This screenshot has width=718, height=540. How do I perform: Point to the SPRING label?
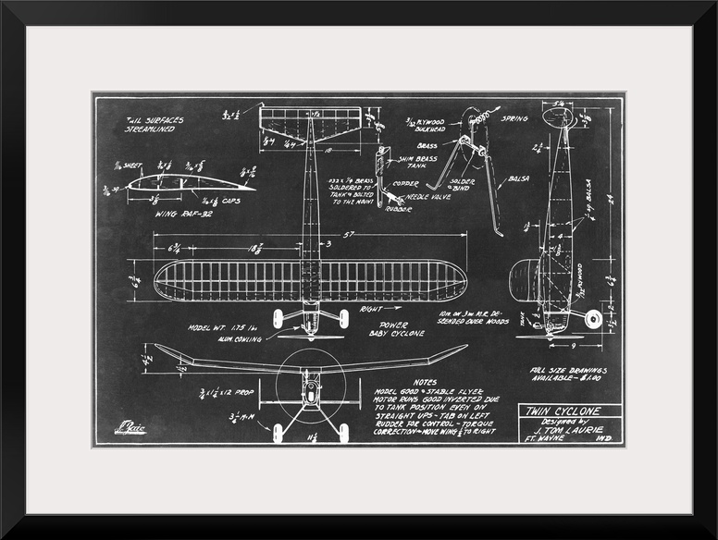pyautogui.click(x=514, y=119)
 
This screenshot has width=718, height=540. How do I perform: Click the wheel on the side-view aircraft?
pyautogui.click(x=592, y=320)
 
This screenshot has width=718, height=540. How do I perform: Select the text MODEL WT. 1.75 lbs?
pyautogui.click(x=221, y=327)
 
